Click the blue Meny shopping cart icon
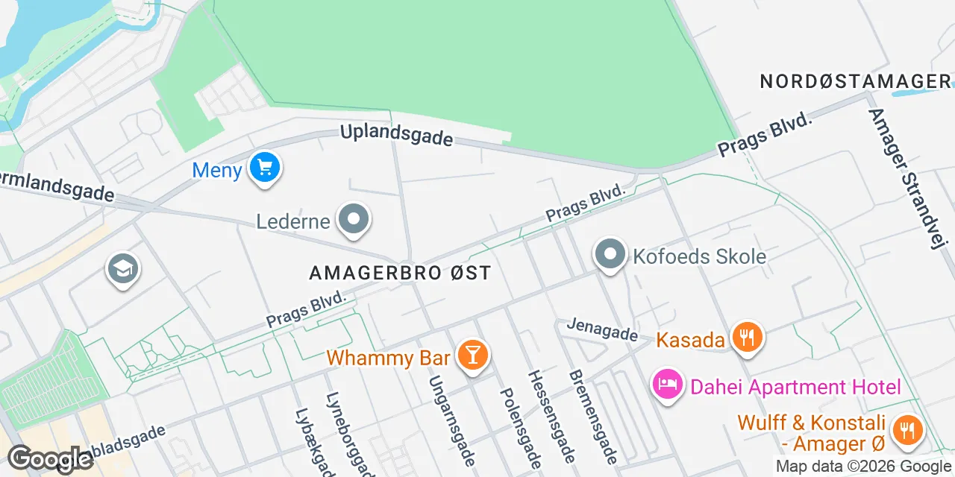point(264,168)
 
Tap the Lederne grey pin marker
point(354,220)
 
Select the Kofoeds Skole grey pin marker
point(610,254)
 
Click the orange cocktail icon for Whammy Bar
point(472,354)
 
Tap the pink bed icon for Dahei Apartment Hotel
point(668,385)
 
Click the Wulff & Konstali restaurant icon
point(907,431)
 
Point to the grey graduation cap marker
point(123,269)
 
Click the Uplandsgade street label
point(396,135)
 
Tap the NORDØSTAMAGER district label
point(856,81)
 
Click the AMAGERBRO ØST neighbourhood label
point(401,273)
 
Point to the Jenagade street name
point(602,329)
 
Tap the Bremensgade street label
point(593,417)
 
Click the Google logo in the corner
point(50,459)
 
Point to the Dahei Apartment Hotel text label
point(795,387)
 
